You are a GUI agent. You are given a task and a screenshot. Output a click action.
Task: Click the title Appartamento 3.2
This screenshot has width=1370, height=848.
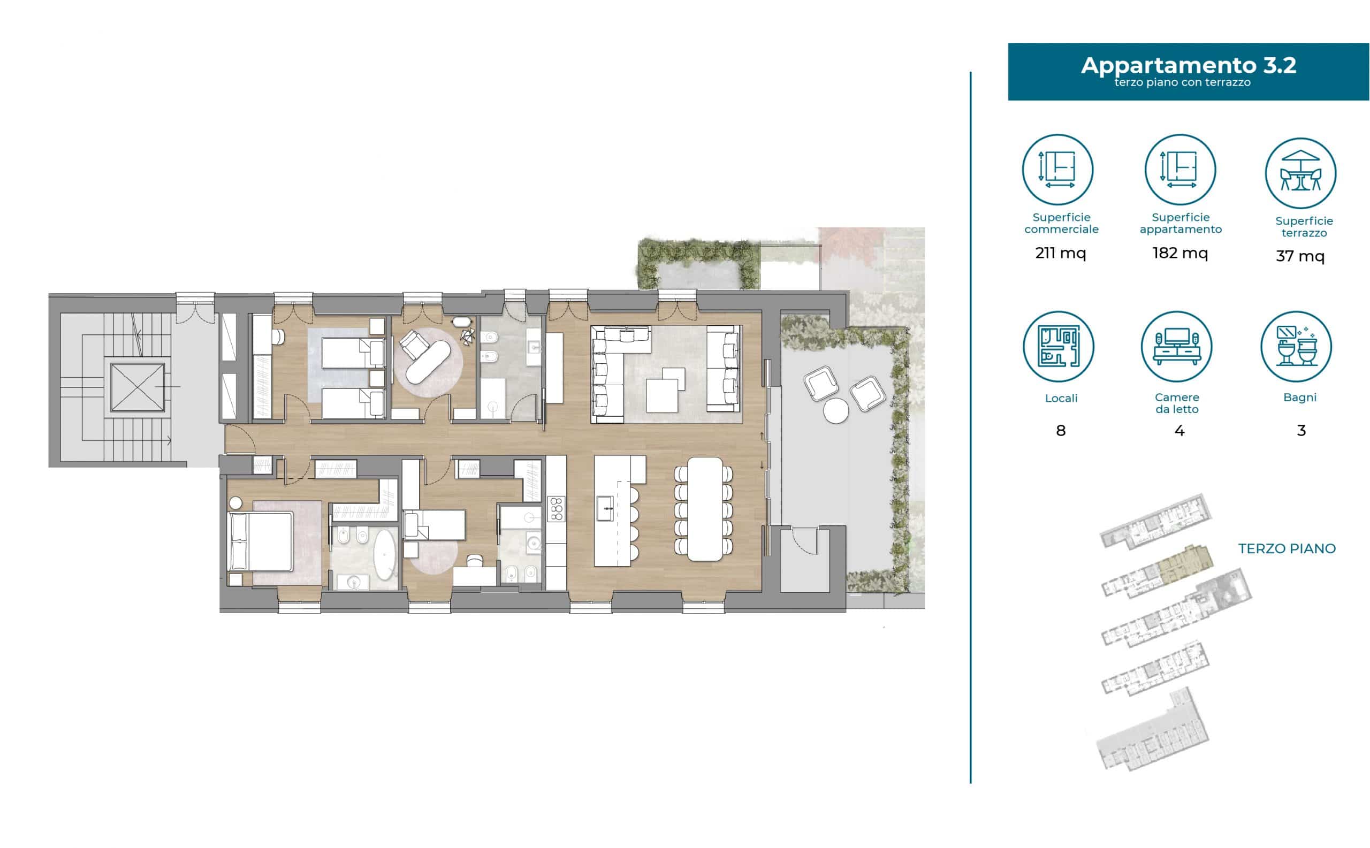coord(1188,65)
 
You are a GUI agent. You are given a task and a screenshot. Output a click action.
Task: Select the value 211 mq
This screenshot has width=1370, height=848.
coord(1060,253)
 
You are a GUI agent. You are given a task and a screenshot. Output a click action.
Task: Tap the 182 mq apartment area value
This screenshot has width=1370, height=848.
coord(1180,253)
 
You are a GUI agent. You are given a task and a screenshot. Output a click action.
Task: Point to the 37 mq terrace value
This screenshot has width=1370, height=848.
coord(1300,256)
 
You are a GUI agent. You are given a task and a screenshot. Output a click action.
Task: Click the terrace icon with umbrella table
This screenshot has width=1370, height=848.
coord(1300,172)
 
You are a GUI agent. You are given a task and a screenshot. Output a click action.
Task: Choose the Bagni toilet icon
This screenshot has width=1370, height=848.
coord(1296,346)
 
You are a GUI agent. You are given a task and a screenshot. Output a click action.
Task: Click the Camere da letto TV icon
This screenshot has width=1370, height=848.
coord(1176,346)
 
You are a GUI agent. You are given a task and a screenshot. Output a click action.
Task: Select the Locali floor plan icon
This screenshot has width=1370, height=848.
coord(1058,346)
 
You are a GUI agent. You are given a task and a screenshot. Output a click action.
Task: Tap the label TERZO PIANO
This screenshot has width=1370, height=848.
coord(1287,548)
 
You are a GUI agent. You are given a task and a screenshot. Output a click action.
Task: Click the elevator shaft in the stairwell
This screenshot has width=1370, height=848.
coord(138,387)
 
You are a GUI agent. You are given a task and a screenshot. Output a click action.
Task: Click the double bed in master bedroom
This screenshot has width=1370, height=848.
coord(260,541)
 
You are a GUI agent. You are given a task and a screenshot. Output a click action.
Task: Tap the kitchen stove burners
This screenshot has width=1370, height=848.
coord(557,509)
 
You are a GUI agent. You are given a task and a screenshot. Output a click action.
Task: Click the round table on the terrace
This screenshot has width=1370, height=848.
coord(836,410)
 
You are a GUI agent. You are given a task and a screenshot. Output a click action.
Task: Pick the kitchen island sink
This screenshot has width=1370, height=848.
coord(604,508)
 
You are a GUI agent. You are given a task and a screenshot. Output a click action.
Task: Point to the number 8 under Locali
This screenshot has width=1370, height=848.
coord(1060,431)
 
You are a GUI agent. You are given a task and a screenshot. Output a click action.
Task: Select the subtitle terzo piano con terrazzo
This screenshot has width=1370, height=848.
coord(1182,82)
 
